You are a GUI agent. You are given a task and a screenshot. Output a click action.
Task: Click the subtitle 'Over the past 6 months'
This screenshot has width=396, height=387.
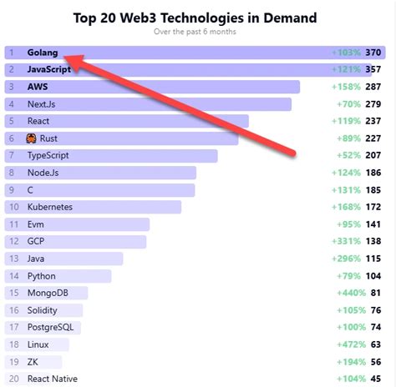tap(195, 32)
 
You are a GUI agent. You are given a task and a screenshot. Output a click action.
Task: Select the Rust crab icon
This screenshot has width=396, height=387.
tap(31, 138)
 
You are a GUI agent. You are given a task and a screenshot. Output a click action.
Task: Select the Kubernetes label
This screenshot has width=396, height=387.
tap(49, 207)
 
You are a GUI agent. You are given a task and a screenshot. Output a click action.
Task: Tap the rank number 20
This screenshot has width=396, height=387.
tap(13, 379)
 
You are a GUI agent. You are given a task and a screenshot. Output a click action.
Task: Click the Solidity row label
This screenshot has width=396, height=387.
tap(44, 310)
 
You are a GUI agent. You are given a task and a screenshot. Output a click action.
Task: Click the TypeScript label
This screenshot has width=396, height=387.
tap(48, 155)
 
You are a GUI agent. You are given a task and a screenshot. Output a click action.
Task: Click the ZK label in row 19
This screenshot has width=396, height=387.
tap(33, 361)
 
